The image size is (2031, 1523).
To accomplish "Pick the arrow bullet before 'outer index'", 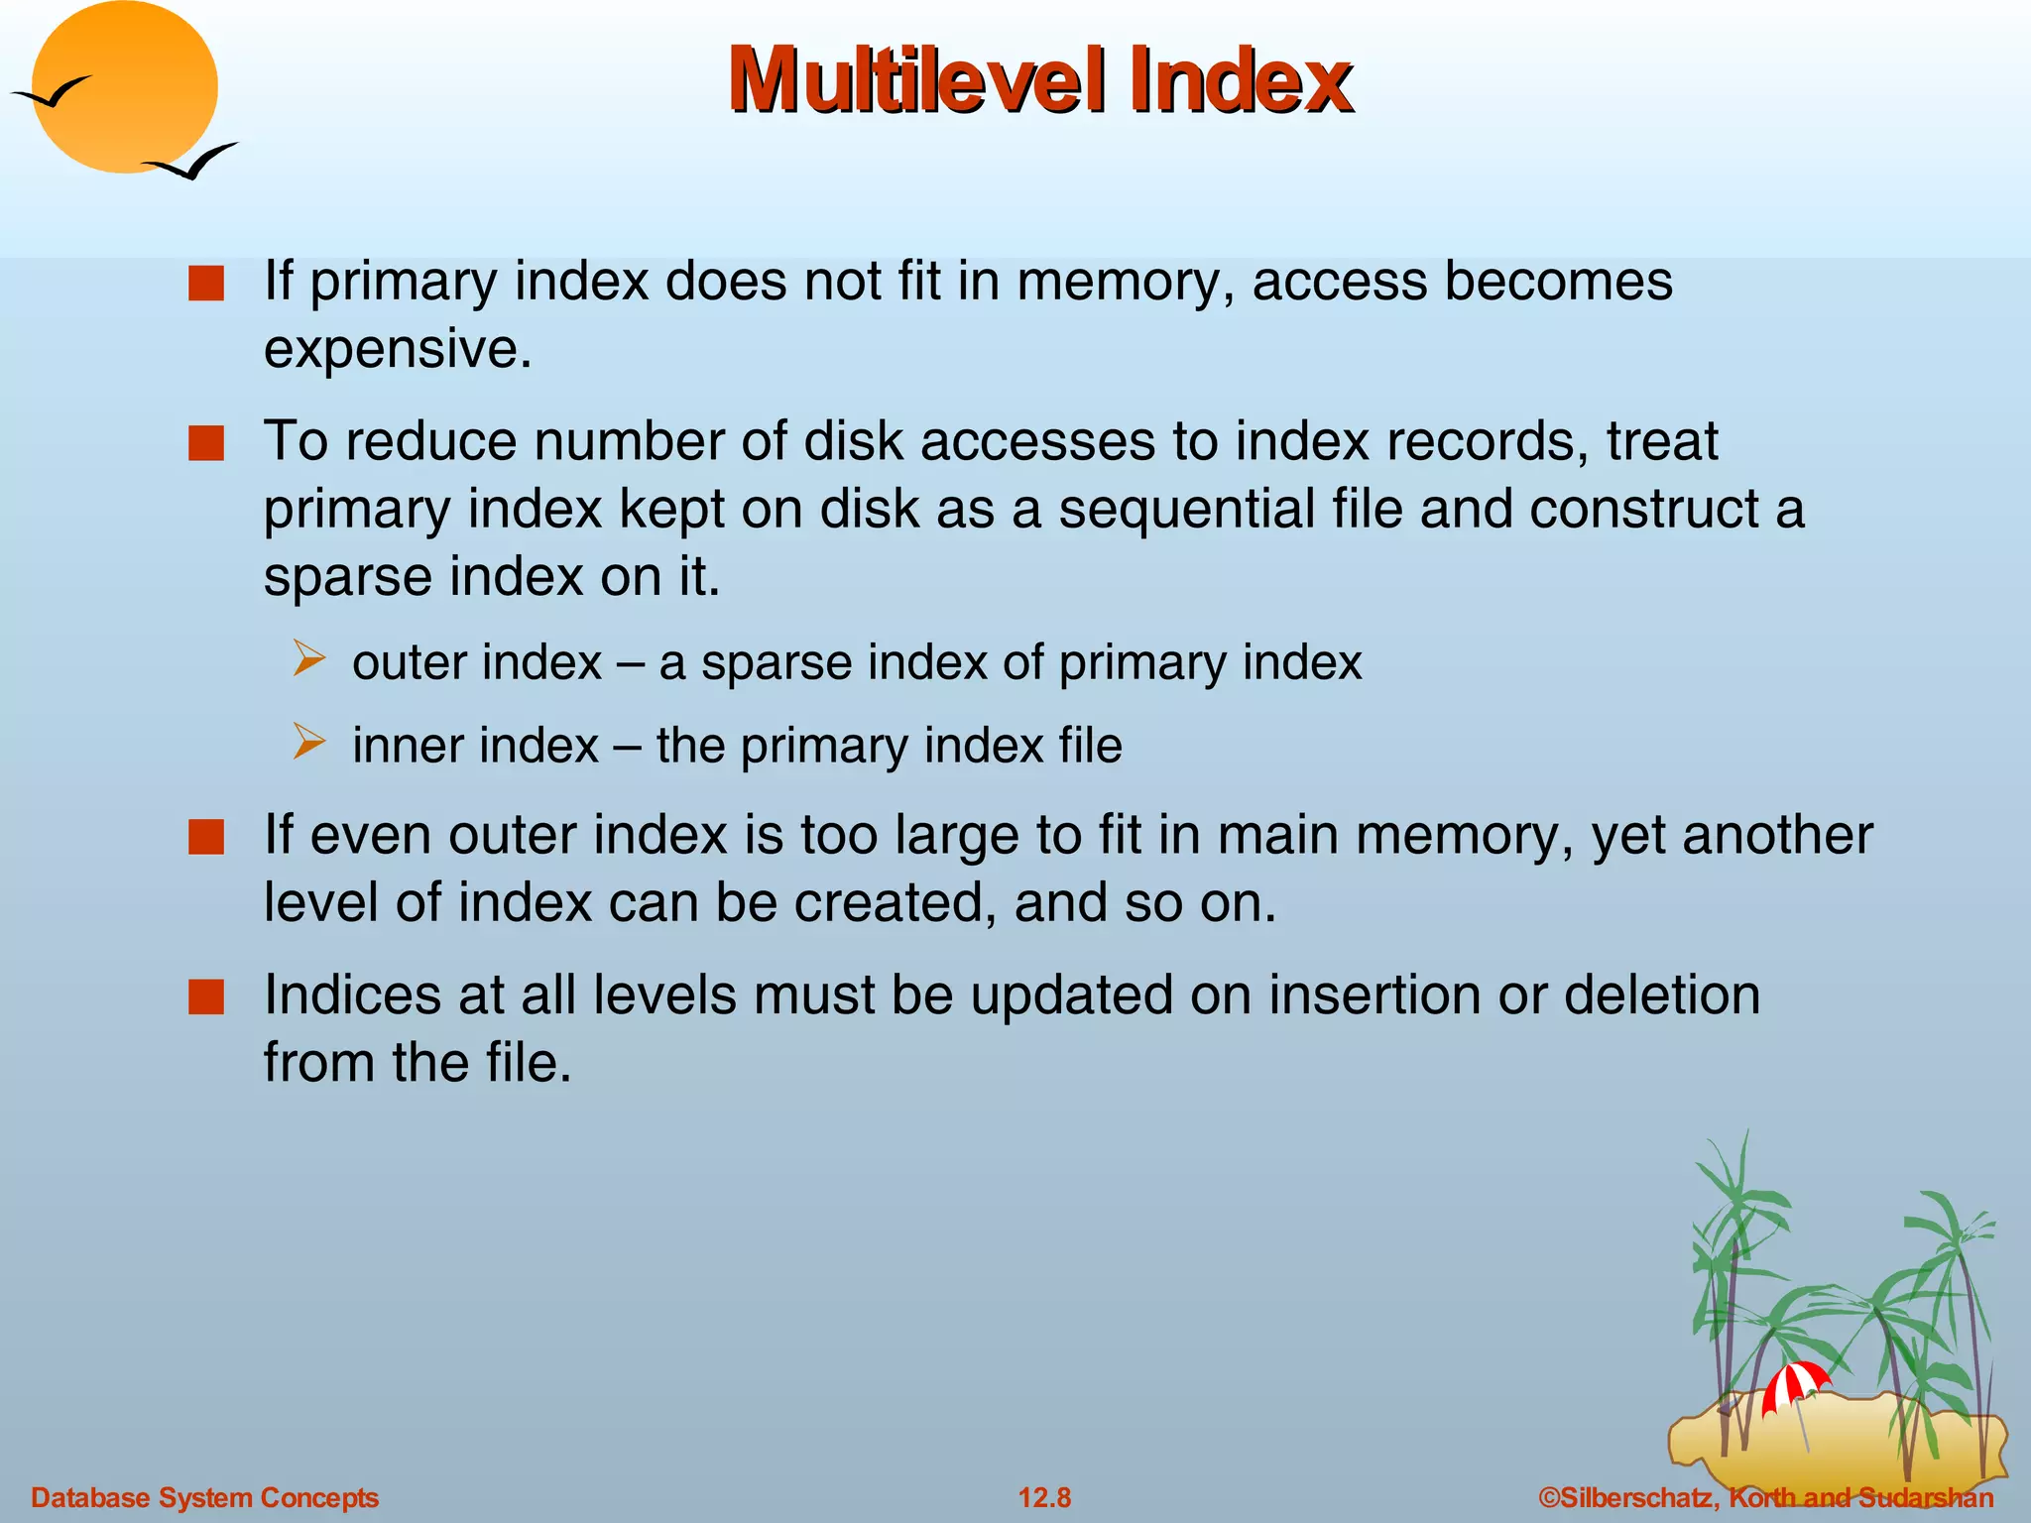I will [x=308, y=659].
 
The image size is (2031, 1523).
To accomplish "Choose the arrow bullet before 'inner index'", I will [x=308, y=742].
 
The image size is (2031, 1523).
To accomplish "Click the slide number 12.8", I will [x=1044, y=1497].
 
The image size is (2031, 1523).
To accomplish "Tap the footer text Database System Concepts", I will [x=205, y=1497].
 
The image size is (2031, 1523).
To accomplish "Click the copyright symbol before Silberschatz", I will [x=1548, y=1497].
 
